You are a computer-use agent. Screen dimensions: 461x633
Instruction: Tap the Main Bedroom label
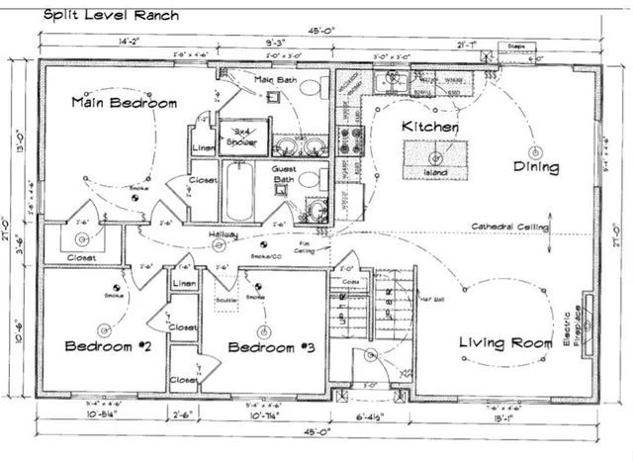click(x=124, y=103)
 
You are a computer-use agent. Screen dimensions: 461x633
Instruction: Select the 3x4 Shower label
click(x=237, y=137)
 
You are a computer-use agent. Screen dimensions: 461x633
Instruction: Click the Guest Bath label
click(x=284, y=176)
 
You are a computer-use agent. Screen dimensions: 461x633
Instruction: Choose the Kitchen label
click(x=429, y=128)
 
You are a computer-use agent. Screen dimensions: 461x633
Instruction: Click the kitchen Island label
click(x=435, y=173)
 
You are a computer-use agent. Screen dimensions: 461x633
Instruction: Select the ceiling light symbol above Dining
click(x=535, y=152)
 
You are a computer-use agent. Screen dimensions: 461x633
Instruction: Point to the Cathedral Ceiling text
click(x=510, y=227)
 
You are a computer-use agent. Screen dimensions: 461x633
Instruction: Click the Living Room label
click(x=505, y=343)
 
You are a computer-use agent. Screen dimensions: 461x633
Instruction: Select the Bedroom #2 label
click(x=106, y=346)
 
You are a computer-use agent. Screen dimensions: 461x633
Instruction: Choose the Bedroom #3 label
click(x=263, y=347)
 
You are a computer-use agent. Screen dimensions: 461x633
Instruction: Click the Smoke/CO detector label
click(x=263, y=255)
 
